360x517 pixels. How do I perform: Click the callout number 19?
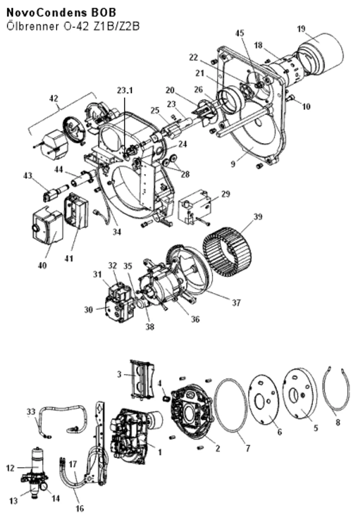pos(301,29)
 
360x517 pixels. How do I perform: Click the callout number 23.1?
pos(125,91)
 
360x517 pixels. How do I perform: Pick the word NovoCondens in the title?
pos(45,13)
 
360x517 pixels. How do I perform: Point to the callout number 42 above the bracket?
pos(54,99)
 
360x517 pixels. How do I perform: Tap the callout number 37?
pos(236,302)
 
